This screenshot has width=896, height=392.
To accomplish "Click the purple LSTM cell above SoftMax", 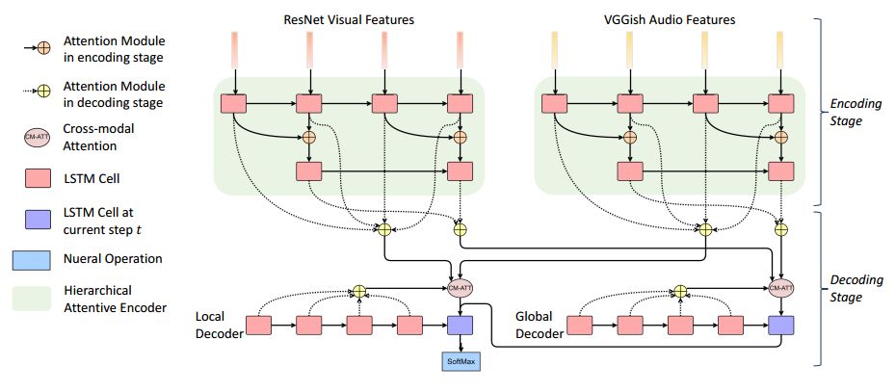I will point(461,326).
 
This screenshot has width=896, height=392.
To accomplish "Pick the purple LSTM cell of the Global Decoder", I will point(781,326).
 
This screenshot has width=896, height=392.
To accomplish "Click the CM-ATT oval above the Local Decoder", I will point(461,286).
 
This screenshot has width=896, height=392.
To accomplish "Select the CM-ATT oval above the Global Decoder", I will point(781,286).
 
